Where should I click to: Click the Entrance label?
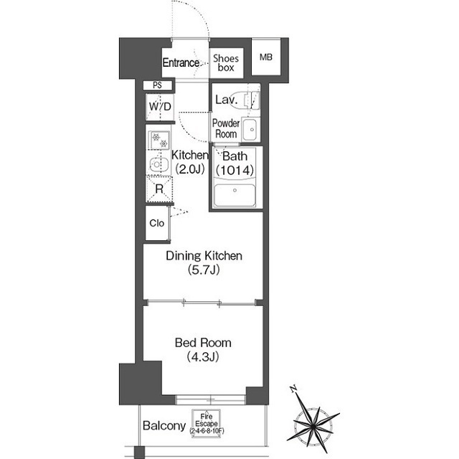tap(181, 62)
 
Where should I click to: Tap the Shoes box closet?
tap(227, 63)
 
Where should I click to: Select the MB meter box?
tap(266, 57)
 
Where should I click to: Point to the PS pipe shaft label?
tap(158, 85)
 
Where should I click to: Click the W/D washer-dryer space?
tap(160, 107)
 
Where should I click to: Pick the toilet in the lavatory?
tap(252, 100)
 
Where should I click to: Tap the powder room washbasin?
tap(250, 130)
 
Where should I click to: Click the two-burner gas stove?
tap(159, 141)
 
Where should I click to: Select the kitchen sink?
tap(159, 164)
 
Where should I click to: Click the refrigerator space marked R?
tap(159, 189)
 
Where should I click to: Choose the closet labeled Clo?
tap(157, 223)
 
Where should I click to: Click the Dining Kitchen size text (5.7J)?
tap(204, 270)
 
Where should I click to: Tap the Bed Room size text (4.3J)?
tap(203, 356)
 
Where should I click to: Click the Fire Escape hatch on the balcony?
tap(207, 424)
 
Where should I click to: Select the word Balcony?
tap(164, 425)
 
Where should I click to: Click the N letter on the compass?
tap(293, 389)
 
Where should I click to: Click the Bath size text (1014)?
tap(235, 170)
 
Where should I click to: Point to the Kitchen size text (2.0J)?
tap(189, 169)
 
